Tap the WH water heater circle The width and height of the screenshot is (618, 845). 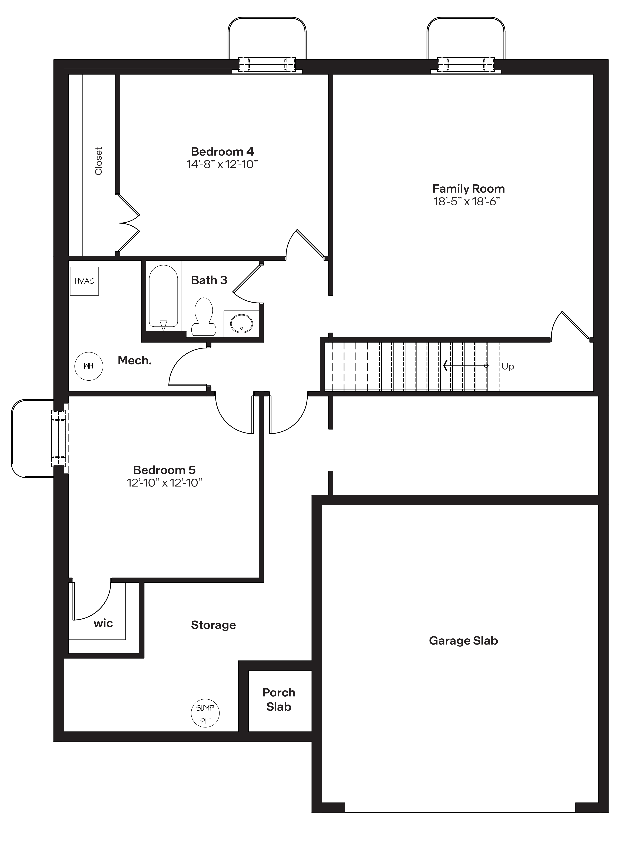point(89,366)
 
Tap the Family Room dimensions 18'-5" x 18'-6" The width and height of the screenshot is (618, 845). point(467,202)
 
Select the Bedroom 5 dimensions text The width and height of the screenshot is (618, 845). point(165,483)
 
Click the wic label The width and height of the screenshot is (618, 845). point(103,623)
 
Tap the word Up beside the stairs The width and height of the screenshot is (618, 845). point(508,366)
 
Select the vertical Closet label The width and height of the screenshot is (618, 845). point(98,161)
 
